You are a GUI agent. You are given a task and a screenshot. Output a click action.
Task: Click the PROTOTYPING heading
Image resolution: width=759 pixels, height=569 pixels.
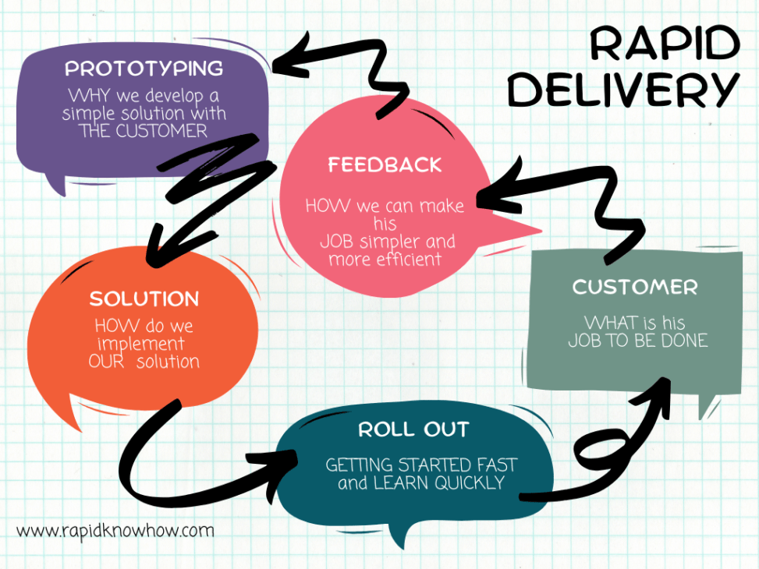(x=144, y=69)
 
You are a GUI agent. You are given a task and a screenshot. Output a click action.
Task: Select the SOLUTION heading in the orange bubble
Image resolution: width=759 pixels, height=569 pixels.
(x=144, y=299)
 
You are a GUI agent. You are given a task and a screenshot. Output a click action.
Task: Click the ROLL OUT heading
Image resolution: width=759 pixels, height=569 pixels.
(x=413, y=429)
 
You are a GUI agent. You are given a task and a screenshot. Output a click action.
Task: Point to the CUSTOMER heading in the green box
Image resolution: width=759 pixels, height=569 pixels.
(x=634, y=287)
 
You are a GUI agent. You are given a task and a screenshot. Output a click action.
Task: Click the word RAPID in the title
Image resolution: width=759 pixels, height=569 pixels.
(x=663, y=45)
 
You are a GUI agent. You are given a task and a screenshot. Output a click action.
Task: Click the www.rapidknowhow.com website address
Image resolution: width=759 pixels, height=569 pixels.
(x=115, y=531)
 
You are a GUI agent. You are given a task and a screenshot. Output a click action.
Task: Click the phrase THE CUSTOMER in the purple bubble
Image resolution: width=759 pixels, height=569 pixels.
(x=143, y=131)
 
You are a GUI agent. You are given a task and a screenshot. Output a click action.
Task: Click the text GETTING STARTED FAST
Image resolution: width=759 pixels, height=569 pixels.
(x=421, y=465)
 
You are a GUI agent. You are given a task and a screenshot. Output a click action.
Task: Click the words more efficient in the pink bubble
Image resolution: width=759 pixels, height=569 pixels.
(x=385, y=260)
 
